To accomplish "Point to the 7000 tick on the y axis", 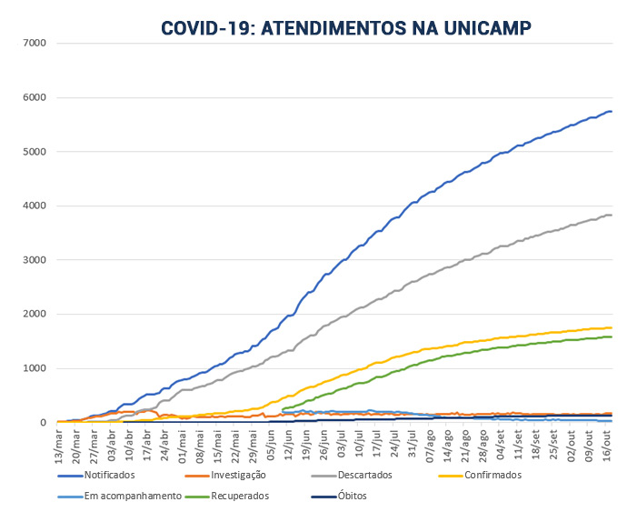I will coord(35,44).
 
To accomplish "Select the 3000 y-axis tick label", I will coord(35,260).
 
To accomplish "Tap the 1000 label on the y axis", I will coord(35,368).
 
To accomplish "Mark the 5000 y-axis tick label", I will coord(35,152).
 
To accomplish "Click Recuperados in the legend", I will coord(242,497).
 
